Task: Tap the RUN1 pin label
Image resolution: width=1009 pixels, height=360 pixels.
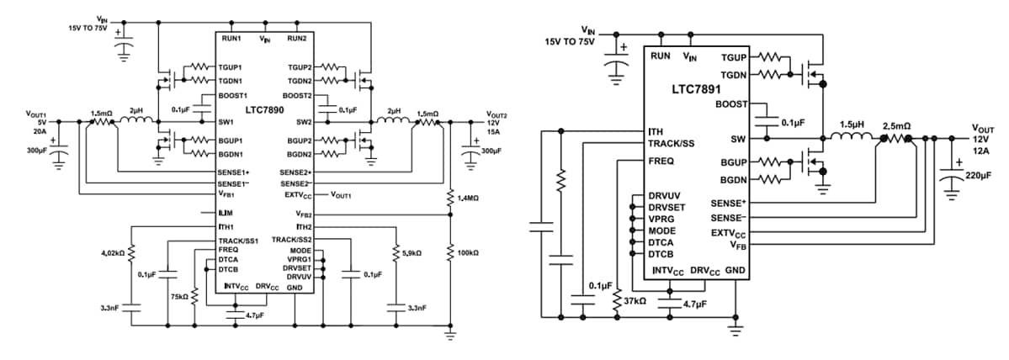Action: (231, 39)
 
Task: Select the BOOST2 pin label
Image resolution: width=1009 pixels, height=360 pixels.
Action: (297, 96)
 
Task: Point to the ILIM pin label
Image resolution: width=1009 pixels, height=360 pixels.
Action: (225, 213)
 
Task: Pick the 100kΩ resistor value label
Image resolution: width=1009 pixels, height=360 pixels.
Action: (468, 251)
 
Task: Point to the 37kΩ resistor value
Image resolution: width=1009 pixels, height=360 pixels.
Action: (635, 299)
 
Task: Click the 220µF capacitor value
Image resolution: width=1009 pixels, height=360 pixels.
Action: (979, 177)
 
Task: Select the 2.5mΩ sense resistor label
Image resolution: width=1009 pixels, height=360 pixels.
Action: (896, 124)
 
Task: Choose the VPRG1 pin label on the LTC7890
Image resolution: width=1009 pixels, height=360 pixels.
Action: (300, 260)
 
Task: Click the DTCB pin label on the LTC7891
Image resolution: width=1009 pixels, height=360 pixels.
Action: (662, 252)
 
